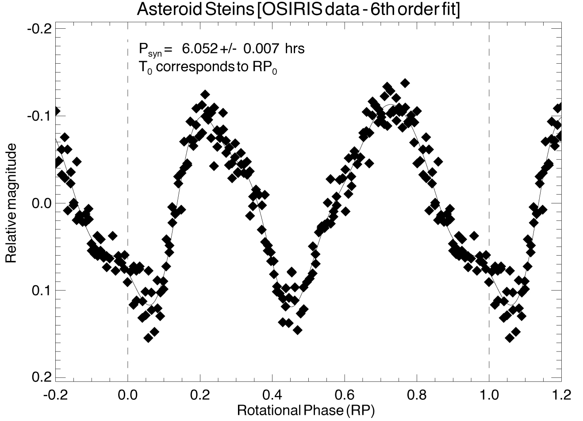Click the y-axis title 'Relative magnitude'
pos(11,203)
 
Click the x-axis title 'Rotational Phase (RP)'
pos(306,410)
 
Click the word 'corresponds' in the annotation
pos(191,68)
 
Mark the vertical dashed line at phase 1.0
pos(489,177)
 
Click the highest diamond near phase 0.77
pos(404,83)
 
